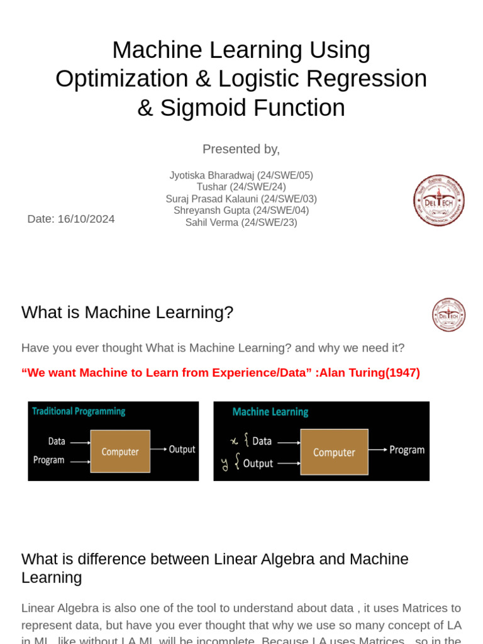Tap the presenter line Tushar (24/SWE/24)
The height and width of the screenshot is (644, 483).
241,187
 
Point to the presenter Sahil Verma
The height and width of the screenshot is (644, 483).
212,223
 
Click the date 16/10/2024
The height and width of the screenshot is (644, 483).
86,219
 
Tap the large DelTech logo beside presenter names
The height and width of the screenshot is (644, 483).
438,200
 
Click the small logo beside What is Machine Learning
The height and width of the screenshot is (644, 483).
448,314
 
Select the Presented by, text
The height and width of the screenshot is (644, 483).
241,149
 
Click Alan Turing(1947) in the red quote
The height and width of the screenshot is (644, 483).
370,372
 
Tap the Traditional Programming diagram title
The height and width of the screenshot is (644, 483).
79,411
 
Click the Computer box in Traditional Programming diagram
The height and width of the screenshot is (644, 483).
120,452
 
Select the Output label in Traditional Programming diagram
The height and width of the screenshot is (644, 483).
182,449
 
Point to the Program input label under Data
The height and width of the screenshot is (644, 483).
49,460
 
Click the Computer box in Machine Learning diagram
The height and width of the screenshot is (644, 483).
334,452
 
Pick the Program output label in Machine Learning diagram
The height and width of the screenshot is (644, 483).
407,450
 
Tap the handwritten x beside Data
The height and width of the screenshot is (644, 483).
234,441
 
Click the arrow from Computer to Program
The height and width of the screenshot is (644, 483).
378,450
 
